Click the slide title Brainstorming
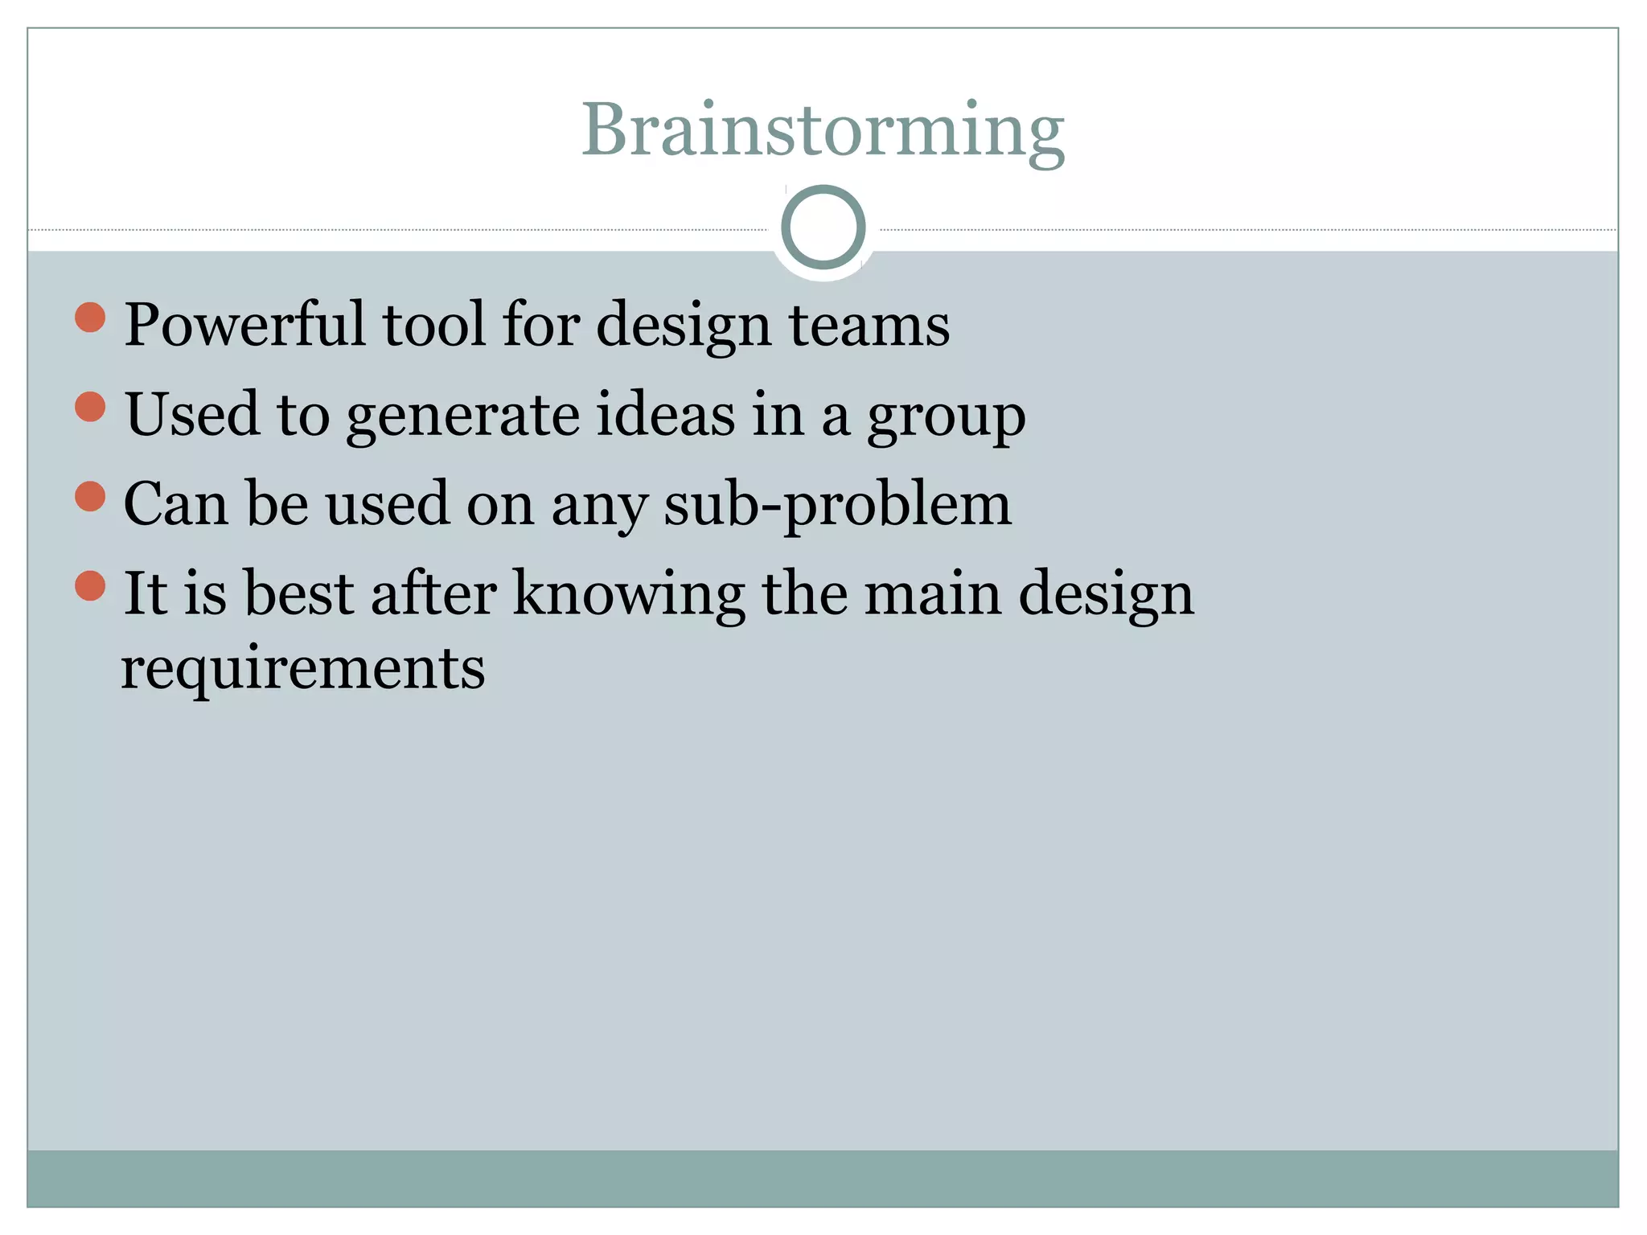point(823,130)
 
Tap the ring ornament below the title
point(823,227)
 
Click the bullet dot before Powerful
point(90,318)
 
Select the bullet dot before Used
point(90,407)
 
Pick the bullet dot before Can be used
point(90,496)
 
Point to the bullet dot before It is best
point(90,585)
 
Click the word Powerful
point(244,325)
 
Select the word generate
point(462,416)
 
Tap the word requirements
point(302,669)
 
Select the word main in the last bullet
point(933,593)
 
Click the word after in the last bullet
point(433,593)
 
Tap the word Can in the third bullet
point(175,505)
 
